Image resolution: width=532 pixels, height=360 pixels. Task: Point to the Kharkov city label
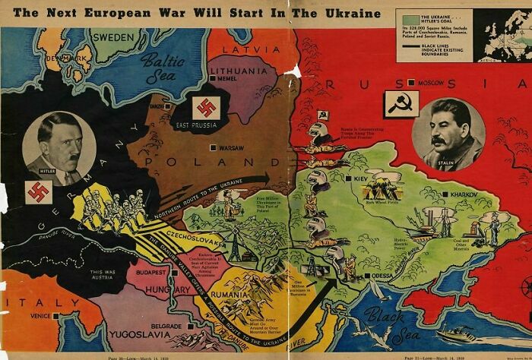455,196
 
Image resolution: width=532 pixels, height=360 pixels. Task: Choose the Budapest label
152,271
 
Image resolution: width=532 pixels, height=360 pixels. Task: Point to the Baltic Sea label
163,66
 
